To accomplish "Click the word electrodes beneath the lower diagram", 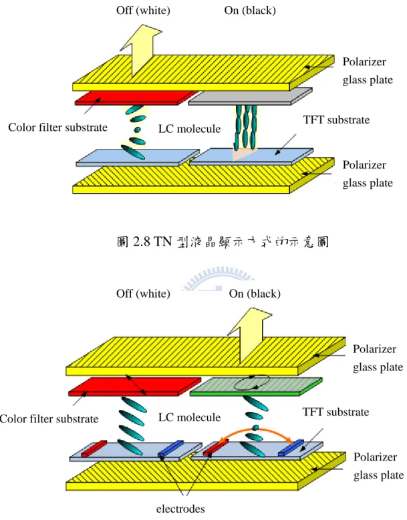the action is click(x=180, y=509).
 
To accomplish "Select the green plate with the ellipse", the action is click(x=256, y=386).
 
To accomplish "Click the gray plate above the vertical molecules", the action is click(x=251, y=96).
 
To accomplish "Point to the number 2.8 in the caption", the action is click(x=142, y=242).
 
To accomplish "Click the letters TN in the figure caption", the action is click(x=162, y=242).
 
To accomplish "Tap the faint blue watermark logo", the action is click(x=217, y=278).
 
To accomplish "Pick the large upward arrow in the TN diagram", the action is click(x=141, y=50).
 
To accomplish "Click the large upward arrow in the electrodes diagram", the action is click(x=251, y=335).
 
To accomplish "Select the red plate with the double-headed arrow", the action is click(x=134, y=386).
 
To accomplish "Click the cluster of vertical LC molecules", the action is click(x=246, y=127).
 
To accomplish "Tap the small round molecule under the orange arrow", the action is click(x=255, y=428).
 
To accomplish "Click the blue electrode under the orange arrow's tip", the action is click(x=291, y=447).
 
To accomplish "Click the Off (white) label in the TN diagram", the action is click(x=143, y=11).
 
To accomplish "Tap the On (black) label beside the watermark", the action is click(x=255, y=294).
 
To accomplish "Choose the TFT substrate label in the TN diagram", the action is click(x=336, y=119).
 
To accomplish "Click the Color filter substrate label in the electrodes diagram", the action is click(x=49, y=419).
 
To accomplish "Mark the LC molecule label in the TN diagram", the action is click(x=189, y=129).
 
